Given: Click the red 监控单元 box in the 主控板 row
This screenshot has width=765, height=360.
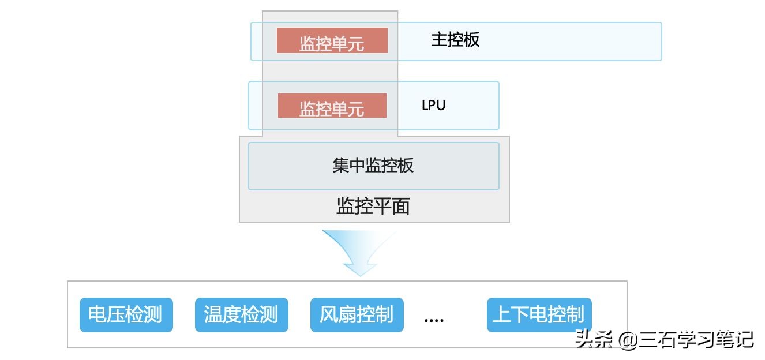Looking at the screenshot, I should tap(332, 41).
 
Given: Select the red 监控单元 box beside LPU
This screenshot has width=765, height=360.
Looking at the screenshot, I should tap(332, 106).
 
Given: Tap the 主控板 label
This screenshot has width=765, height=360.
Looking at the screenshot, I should tap(455, 40).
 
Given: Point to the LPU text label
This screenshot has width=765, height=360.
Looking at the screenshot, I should tap(433, 106).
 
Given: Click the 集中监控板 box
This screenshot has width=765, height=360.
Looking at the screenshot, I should tap(373, 166).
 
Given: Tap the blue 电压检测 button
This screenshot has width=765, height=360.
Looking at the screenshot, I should tap(126, 315).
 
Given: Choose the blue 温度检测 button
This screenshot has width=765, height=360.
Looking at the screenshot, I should tap(241, 315).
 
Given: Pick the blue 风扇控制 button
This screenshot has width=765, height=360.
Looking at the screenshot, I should tap(357, 315).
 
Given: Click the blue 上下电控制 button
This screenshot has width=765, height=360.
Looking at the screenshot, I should tap(539, 315).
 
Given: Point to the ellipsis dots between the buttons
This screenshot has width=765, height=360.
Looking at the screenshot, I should tap(434, 320).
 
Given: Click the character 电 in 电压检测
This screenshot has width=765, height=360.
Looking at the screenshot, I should tap(97, 315).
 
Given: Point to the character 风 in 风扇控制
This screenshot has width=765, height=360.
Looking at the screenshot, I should tap(328, 315).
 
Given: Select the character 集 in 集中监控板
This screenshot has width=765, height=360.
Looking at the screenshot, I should tap(340, 166).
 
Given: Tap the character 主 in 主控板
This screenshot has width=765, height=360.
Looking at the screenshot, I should tap(439, 40).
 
